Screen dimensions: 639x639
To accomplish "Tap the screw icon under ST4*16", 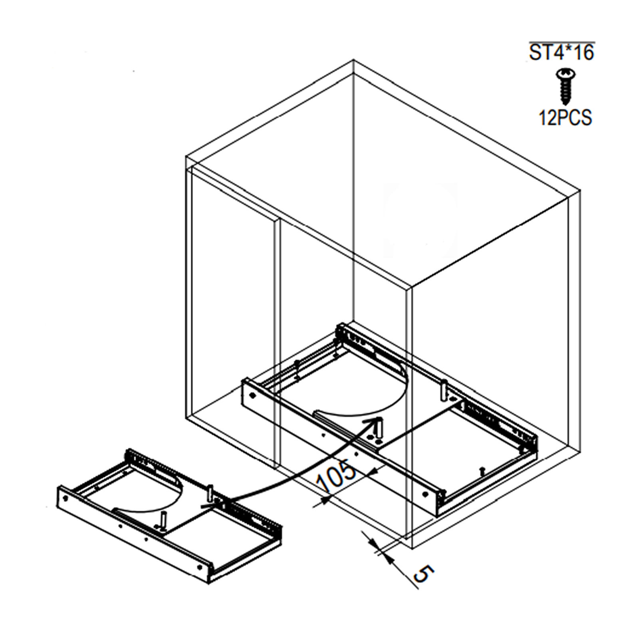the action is point(564,86).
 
